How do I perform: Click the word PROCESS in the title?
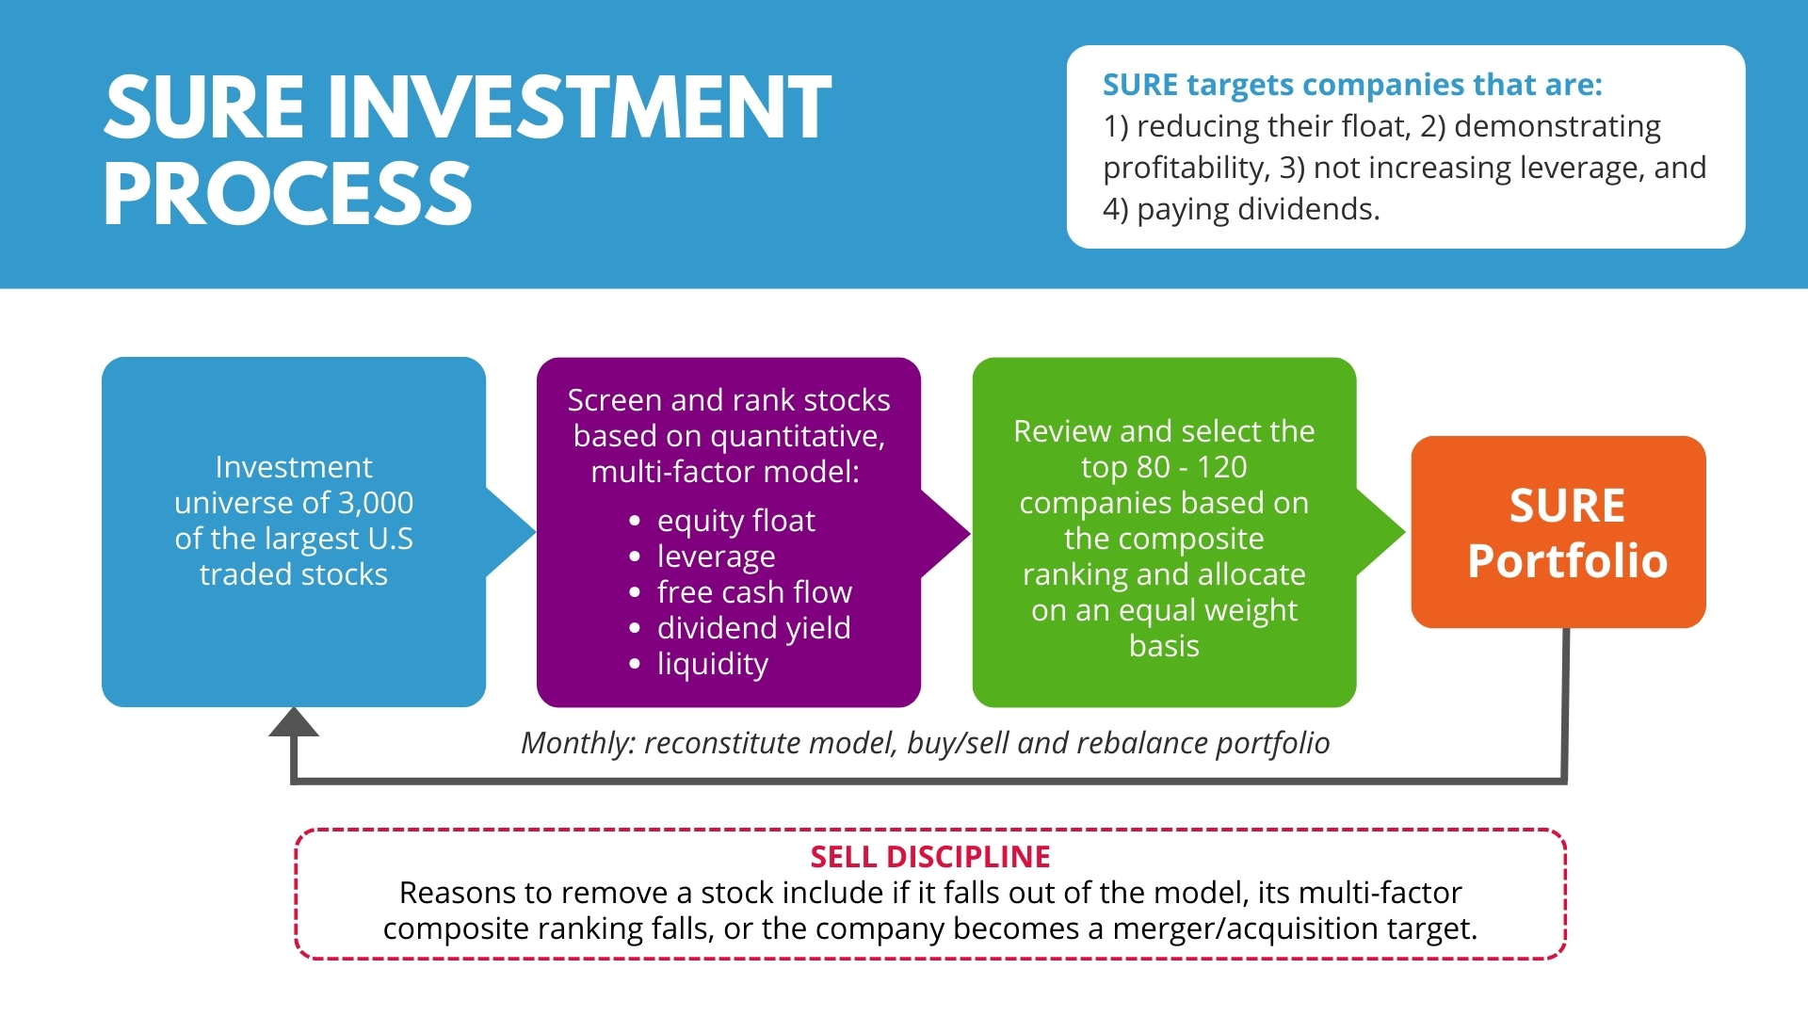click(287, 194)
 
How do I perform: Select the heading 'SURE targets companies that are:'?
click(1352, 85)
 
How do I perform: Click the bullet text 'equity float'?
click(735, 521)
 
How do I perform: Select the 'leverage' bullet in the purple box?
click(716, 557)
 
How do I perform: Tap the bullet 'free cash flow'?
click(754, 592)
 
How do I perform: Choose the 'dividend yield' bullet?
click(753, 628)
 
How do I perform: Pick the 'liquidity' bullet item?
click(712, 664)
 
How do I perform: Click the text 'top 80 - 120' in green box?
click(1164, 467)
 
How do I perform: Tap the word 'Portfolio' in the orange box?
click(1567, 561)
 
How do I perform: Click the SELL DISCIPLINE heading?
click(930, 857)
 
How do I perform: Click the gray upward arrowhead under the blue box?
click(294, 723)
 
